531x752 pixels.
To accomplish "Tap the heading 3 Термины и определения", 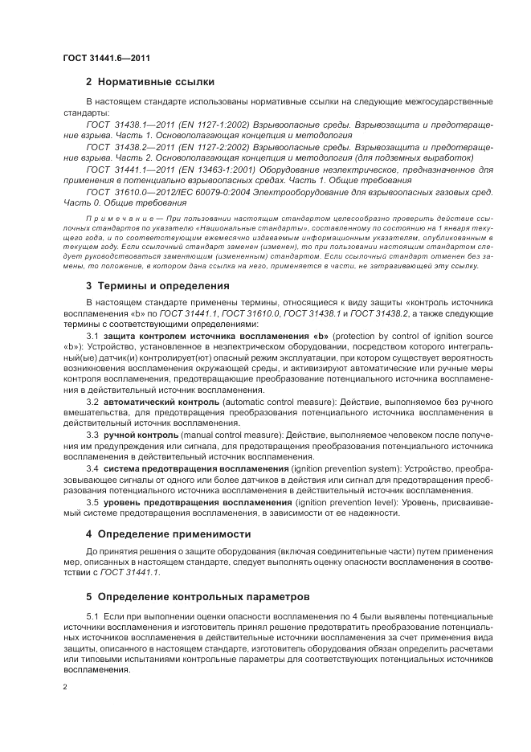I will pos(158,285).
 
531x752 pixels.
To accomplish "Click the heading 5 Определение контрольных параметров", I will pos(186,597).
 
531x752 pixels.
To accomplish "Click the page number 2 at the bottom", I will pos(64,688).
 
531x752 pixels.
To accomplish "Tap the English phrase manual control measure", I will pos(223,434).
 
